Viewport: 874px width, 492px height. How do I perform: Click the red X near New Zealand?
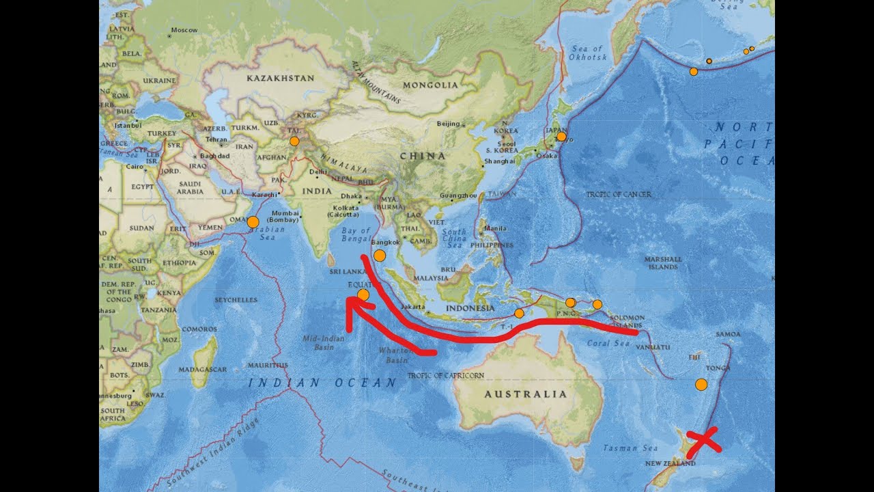point(703,442)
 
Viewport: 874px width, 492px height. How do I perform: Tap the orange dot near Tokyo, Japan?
point(561,137)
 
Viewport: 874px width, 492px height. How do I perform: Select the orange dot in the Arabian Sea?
point(253,221)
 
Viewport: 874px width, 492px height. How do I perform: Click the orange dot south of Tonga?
point(701,385)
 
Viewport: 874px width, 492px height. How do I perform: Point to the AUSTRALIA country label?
point(526,394)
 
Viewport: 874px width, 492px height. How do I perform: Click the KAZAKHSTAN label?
point(280,78)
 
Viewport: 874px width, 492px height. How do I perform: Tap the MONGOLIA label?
point(430,85)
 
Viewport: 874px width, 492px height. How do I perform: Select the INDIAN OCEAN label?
point(322,383)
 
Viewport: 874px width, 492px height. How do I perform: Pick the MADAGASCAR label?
point(203,370)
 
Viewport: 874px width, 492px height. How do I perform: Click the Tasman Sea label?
point(630,448)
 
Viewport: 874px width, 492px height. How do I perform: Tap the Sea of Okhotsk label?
point(587,53)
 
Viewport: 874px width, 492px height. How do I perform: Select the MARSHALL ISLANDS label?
point(662,263)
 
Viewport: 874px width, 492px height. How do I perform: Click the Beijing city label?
point(448,124)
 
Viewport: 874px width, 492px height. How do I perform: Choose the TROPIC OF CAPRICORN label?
point(445,376)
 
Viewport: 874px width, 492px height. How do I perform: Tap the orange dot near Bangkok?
point(380,256)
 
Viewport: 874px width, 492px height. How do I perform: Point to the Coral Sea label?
point(608,343)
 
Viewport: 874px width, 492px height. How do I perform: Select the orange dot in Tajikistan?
point(294,141)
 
